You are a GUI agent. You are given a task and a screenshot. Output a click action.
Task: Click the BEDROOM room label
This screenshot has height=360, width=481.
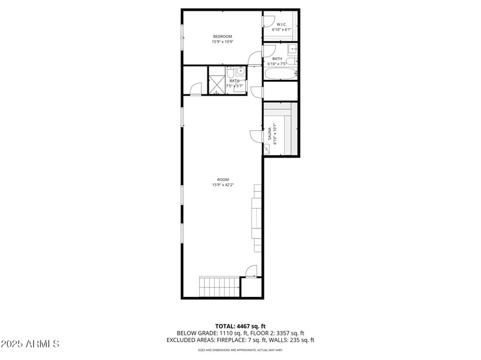coord(222,37)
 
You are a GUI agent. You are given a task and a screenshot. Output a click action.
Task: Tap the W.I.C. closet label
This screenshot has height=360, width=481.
coord(281,24)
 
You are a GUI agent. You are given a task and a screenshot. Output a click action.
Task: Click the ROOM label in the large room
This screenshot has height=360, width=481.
coord(222,180)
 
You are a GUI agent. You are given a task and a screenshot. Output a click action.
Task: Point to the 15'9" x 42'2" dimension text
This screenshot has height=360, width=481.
coord(222,185)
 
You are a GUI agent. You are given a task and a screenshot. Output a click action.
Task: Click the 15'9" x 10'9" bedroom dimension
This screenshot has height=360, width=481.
coord(222,42)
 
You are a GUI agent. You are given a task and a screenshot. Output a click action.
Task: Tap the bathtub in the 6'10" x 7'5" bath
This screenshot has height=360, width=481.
coord(280,75)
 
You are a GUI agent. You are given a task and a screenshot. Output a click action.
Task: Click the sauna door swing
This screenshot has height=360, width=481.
coord(255,136)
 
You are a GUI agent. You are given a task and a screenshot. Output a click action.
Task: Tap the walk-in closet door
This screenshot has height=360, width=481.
coord(268,20)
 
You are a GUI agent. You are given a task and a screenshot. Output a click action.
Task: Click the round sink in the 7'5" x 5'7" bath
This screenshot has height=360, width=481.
coord(240,72)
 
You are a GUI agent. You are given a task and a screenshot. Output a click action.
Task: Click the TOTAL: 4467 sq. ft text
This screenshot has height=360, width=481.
coord(240,326)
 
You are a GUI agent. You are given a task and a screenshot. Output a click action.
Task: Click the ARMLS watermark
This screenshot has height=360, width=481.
coord(30,344)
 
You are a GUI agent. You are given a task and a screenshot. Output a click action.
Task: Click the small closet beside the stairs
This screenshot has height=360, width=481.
coord(251,287)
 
